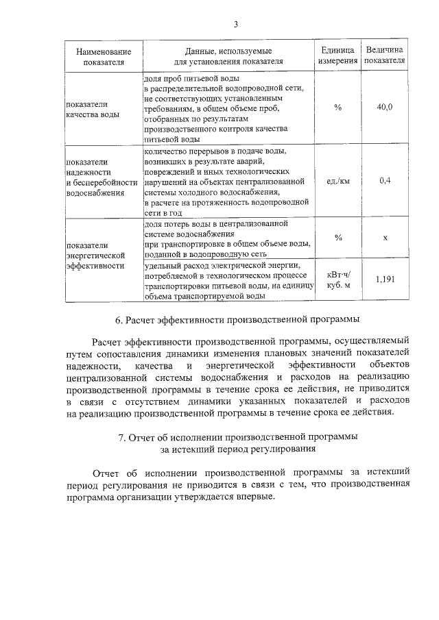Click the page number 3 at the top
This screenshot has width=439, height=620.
pos(235,25)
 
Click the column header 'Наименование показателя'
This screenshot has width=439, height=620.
pos(104,56)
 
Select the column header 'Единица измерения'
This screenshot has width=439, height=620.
pos(338,56)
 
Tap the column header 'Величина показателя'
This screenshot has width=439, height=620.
pos(385,56)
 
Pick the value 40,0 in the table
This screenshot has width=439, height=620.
pos(385,109)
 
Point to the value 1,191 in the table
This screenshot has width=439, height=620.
pos(385,280)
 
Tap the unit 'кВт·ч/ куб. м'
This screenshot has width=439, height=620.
pos(338,280)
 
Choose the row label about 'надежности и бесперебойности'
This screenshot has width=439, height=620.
pos(101,177)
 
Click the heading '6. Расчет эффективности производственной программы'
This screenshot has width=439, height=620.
pos(237,320)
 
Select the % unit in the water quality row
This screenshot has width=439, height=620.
pos(338,109)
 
